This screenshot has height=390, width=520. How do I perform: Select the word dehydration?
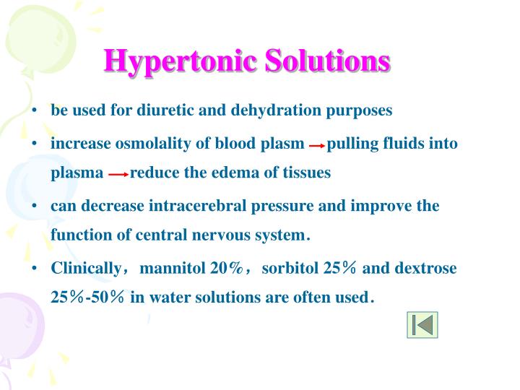coord(279,110)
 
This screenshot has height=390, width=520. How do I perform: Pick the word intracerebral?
coord(199,206)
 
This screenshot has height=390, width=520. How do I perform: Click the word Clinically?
coord(85,268)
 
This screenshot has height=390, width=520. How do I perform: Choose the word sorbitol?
coord(290,268)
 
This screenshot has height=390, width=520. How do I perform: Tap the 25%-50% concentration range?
coord(87,297)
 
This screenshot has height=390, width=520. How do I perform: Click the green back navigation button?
coord(422,325)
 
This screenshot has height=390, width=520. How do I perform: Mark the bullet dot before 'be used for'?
coord(34,111)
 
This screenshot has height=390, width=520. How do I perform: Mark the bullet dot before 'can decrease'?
coord(34,207)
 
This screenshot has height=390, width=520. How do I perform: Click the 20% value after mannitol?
coord(225,268)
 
